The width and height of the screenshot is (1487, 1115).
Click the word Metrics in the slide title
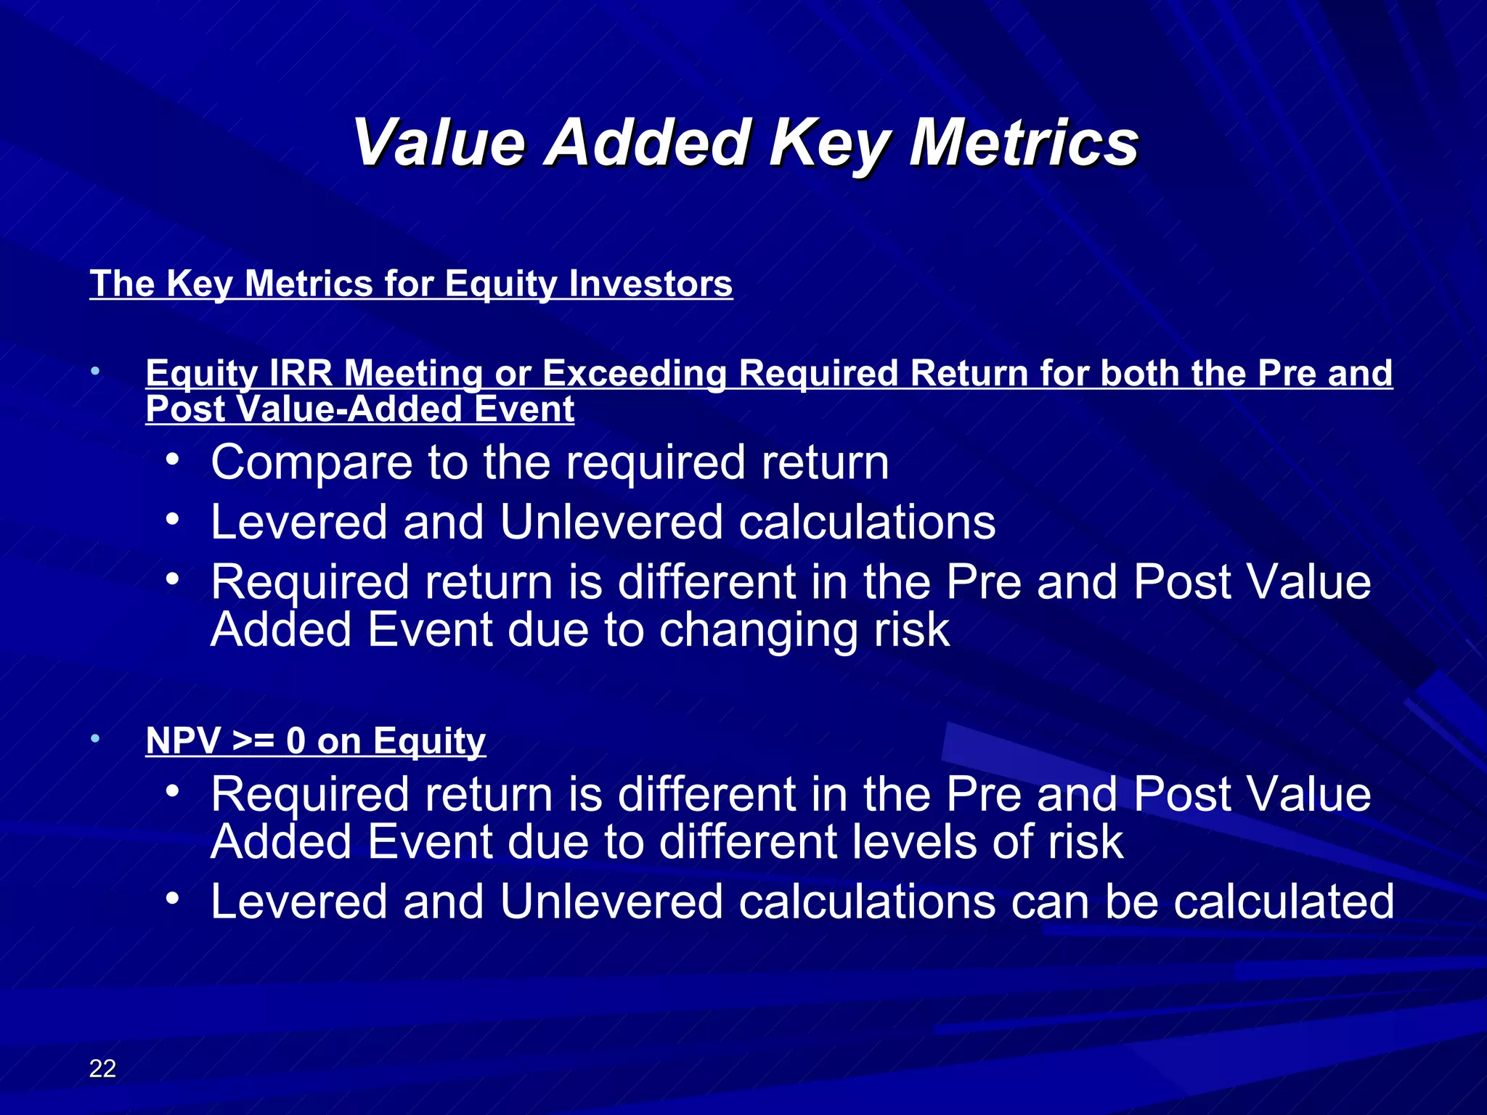pyautogui.click(x=1024, y=142)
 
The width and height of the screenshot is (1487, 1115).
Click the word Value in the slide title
pyautogui.click(x=439, y=142)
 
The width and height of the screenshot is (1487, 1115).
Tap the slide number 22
pyautogui.click(x=102, y=1068)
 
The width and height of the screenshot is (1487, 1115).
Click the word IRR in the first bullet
pyautogui.click(x=301, y=373)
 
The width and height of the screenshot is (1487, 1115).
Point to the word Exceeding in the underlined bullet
pyautogui.click(x=634, y=373)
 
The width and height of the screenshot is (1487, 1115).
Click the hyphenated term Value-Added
pyautogui.click(x=350, y=409)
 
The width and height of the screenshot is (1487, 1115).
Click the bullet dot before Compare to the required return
pyautogui.click(x=171, y=460)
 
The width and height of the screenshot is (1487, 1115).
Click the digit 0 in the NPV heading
pyautogui.click(x=296, y=740)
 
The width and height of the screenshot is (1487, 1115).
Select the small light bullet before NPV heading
pyautogui.click(x=95, y=739)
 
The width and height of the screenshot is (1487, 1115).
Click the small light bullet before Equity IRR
pyautogui.click(x=95, y=372)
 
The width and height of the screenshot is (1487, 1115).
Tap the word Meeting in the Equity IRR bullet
pyautogui.click(x=413, y=373)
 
